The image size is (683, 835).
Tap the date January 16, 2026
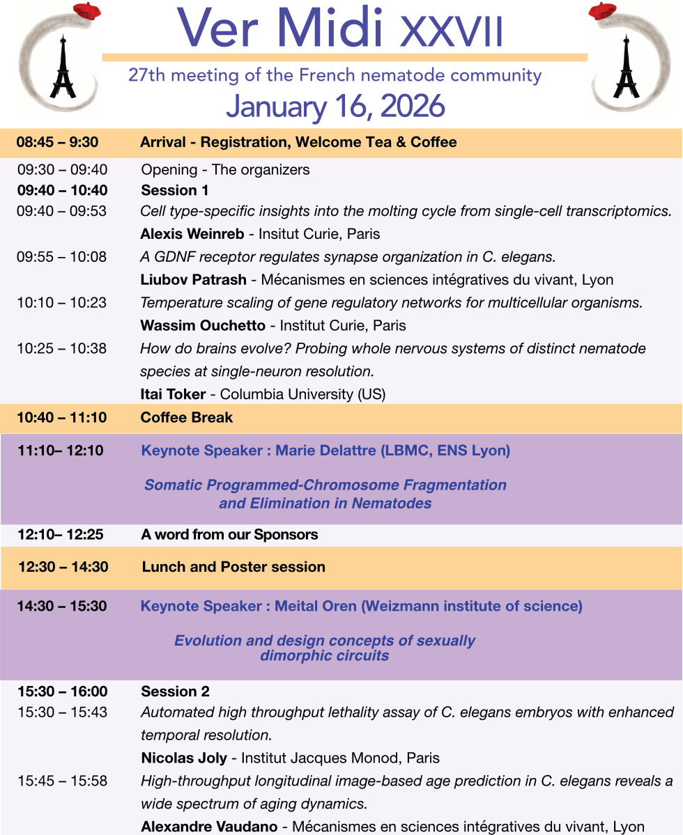pyautogui.click(x=335, y=107)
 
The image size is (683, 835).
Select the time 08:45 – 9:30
pyautogui.click(x=57, y=143)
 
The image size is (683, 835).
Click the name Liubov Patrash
pyautogui.click(x=193, y=280)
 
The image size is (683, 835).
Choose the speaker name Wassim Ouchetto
pyautogui.click(x=202, y=325)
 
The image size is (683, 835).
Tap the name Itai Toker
pyautogui.click(x=173, y=394)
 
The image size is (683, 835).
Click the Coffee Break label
pyautogui.click(x=187, y=418)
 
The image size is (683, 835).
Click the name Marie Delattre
pyautogui.click(x=325, y=451)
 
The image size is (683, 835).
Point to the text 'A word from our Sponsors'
pyautogui.click(x=229, y=535)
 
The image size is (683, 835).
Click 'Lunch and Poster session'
pyautogui.click(x=233, y=567)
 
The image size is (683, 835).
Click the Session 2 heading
pyautogui.click(x=175, y=692)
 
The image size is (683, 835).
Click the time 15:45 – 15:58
pyautogui.click(x=62, y=781)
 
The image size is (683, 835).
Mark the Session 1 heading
pyautogui.click(x=175, y=190)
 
